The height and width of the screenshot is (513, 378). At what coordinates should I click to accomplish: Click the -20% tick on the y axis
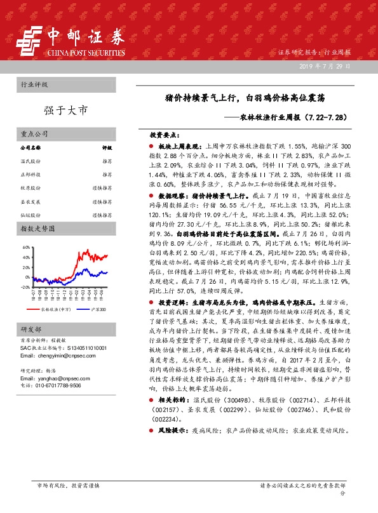click(x=25, y=287)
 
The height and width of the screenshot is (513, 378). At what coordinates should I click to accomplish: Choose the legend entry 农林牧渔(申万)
click(x=56, y=309)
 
